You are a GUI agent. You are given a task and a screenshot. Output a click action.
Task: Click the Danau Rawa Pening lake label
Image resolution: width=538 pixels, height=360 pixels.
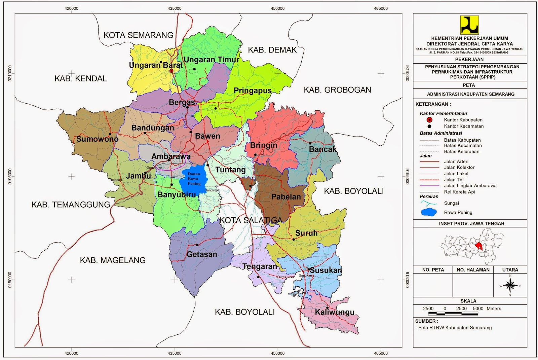(x=194, y=179)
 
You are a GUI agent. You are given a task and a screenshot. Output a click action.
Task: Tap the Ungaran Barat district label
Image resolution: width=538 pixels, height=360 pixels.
(x=156, y=65)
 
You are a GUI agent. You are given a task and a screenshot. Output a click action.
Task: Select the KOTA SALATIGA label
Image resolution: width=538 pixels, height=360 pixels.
(x=251, y=220)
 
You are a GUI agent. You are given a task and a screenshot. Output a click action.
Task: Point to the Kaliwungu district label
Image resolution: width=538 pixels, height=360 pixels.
(x=335, y=312)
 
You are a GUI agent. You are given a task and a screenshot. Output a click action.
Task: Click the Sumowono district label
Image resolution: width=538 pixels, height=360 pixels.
(x=97, y=139)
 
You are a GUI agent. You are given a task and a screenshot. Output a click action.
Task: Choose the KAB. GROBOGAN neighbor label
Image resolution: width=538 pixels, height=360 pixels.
(x=337, y=90)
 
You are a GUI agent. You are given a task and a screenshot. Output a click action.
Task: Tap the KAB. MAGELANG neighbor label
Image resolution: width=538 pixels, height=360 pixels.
(x=113, y=260)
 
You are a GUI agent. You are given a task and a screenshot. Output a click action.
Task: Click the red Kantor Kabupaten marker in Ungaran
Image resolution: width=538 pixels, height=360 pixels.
(x=171, y=71)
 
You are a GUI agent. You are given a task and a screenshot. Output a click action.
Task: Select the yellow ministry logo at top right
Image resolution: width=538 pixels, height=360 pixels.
(x=469, y=25)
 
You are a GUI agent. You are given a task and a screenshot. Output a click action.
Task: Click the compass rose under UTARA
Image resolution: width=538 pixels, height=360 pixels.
(x=510, y=286)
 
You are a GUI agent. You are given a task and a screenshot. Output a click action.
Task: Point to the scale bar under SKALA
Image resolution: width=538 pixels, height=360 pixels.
(x=453, y=314)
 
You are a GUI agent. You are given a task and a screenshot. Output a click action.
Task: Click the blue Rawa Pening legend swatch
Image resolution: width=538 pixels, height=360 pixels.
(x=429, y=212)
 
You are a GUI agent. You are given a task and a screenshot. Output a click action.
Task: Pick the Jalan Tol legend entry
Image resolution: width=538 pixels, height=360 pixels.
(x=454, y=180)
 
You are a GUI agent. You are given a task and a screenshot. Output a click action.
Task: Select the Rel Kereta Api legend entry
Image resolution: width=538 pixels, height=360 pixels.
(x=459, y=192)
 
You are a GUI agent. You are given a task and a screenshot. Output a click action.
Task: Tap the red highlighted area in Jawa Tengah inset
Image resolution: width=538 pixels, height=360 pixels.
(x=479, y=246)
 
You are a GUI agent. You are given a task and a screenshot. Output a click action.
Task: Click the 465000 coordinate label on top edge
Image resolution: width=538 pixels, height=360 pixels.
(x=381, y=8)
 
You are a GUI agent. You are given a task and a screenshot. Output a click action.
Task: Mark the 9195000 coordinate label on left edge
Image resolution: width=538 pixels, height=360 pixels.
(x=9, y=176)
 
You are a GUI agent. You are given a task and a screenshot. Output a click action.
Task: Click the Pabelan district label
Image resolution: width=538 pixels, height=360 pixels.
(x=286, y=197)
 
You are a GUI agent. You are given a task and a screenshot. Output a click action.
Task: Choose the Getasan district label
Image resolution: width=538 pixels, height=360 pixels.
(x=202, y=254)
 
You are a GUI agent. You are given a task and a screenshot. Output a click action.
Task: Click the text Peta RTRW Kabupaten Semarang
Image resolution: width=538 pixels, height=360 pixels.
(x=455, y=328)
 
